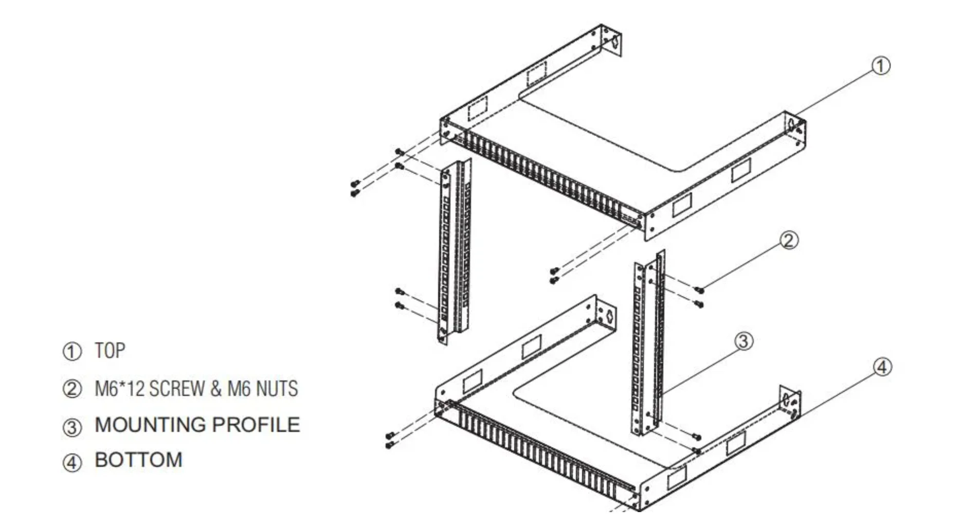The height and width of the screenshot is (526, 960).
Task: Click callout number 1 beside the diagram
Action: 880,66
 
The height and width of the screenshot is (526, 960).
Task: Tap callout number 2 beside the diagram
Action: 789,240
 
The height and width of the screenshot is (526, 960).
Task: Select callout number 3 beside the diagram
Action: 743,341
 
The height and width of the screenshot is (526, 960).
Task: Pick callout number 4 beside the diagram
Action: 882,367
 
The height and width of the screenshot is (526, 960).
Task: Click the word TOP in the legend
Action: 110,351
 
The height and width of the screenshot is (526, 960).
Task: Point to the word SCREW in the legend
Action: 177,389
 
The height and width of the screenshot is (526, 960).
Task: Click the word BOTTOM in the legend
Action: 138,460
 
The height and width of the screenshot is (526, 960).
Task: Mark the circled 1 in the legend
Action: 72,352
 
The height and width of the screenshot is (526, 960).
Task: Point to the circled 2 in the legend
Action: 72,389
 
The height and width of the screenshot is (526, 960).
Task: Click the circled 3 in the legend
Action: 72,427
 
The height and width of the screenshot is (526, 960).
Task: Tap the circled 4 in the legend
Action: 72,462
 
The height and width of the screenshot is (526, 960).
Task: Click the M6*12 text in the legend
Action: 119,389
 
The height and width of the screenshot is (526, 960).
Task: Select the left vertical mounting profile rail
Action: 452,252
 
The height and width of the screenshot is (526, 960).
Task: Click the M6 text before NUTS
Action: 239,389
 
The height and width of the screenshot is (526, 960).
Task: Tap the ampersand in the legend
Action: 216,389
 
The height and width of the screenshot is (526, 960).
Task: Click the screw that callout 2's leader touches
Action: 698,291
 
